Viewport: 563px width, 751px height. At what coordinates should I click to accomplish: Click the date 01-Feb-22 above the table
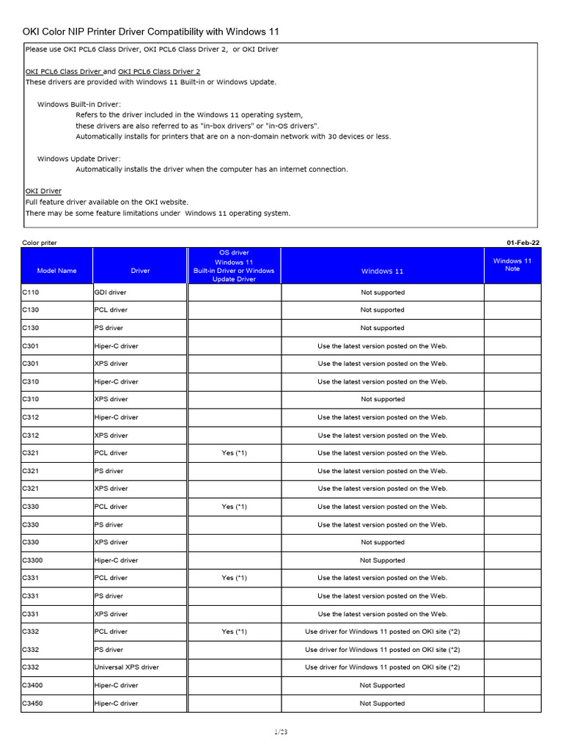coord(523,242)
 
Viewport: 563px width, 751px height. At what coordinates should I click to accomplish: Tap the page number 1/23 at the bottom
coord(281,731)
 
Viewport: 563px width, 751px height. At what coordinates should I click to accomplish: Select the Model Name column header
coord(56,271)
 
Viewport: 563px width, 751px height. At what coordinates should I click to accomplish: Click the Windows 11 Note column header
coord(512,265)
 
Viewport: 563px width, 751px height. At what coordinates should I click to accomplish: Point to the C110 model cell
coord(30,292)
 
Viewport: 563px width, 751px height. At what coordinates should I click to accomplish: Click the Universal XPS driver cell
coord(127,667)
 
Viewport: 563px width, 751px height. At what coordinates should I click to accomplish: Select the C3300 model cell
coord(34,560)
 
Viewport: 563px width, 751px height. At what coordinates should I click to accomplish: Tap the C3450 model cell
coord(34,703)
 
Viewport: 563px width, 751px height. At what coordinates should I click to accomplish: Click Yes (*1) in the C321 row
coord(234,453)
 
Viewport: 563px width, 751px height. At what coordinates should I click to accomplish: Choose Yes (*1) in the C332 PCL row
coord(234,631)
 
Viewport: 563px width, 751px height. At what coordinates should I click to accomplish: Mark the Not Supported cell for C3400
coord(382,685)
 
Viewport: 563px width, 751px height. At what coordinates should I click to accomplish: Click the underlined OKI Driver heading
coord(43,191)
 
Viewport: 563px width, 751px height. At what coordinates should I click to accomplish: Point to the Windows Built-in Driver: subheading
coord(79,105)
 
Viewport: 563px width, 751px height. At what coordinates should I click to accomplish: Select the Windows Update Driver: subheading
coord(79,158)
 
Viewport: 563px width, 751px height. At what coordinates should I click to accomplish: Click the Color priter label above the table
coord(40,242)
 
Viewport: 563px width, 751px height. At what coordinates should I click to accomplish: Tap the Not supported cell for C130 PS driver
coord(382,328)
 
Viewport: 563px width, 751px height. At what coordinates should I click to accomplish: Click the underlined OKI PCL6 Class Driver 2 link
coord(154,72)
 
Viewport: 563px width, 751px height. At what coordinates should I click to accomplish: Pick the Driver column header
coord(140,271)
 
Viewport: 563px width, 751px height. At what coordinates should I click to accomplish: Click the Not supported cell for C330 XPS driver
coord(382,542)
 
